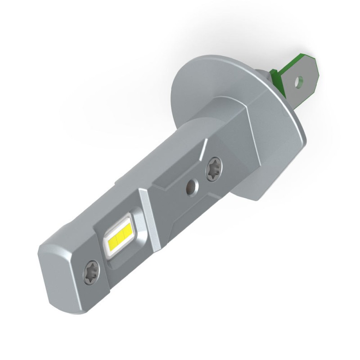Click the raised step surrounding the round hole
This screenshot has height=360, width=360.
point(180,189)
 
